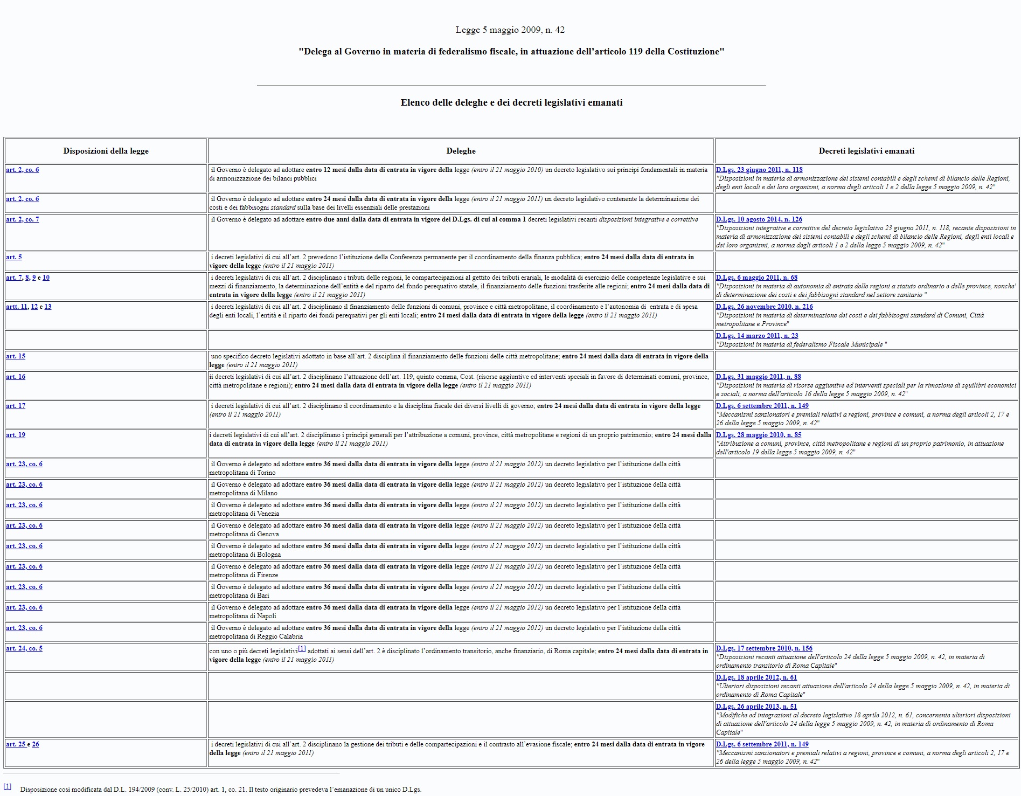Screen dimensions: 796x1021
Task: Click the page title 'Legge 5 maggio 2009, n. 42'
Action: [510, 30]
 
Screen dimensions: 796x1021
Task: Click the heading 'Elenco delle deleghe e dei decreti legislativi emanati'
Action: [511, 102]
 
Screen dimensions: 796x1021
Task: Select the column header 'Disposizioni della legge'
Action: [106, 151]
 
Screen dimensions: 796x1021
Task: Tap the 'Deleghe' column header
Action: [461, 151]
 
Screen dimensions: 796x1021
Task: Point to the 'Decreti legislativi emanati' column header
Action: [866, 151]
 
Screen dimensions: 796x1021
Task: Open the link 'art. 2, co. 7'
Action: [22, 219]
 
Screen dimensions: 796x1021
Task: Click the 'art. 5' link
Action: [14, 257]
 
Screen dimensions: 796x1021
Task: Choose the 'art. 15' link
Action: [16, 356]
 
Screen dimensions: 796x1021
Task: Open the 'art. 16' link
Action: [16, 377]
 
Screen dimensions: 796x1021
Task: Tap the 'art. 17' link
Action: [16, 406]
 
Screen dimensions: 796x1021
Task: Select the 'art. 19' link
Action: [16, 435]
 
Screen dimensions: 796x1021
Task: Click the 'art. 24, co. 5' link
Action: [24, 648]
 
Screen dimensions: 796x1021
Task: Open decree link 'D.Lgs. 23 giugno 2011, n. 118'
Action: [759, 170]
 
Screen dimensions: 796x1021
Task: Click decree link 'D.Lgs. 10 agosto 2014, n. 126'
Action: [759, 219]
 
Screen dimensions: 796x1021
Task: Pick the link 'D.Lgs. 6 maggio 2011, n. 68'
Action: [756, 278]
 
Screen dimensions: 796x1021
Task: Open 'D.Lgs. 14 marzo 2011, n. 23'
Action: [757, 336]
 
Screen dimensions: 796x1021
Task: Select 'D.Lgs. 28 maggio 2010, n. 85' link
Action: [759, 435]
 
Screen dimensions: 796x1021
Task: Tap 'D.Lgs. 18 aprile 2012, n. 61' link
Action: [756, 677]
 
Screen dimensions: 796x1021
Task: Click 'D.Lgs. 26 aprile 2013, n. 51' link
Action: [756, 707]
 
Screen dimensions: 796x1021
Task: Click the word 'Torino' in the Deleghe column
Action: [266, 473]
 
